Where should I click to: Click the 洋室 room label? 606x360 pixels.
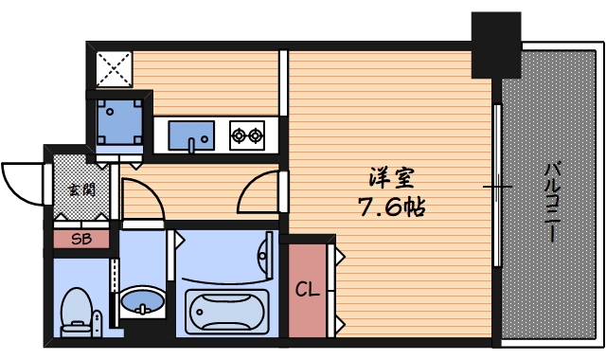391,178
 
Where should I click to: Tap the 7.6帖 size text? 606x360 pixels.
392,207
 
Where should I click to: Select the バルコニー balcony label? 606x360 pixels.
553,203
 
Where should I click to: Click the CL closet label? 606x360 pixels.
308,289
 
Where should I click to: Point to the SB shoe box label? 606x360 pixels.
81,240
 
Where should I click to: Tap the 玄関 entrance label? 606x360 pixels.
81,189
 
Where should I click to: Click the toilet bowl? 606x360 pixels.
77,313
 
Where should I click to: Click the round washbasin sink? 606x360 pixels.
142,301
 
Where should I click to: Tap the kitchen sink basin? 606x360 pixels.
191,135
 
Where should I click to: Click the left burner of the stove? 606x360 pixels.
239,135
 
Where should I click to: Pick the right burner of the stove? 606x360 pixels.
255,135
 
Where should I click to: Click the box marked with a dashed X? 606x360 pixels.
114,69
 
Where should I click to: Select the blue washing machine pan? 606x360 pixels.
119,122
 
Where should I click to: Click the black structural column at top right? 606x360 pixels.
496,45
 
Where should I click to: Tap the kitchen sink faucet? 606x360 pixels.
191,145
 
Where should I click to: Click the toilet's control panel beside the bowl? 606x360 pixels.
98,323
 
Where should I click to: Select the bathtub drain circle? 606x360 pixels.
200,312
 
